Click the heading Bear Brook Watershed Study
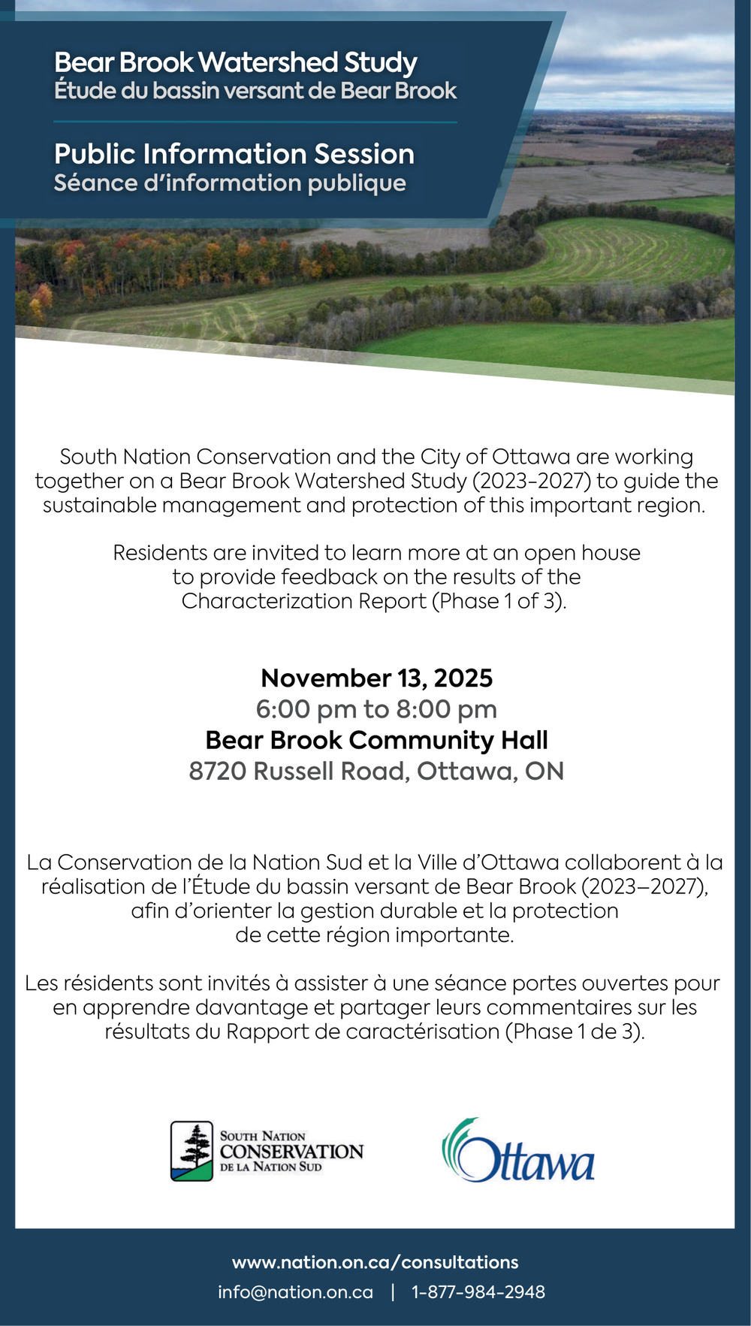(x=235, y=62)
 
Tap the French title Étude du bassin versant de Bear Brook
(x=255, y=91)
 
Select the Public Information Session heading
(x=234, y=154)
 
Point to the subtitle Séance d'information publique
(x=230, y=183)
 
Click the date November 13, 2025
(x=376, y=678)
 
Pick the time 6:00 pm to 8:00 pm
(x=376, y=709)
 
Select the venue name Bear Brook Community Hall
(x=376, y=740)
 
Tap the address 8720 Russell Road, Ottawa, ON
(x=376, y=771)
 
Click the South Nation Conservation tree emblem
(x=192, y=1151)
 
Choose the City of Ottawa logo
(x=518, y=1151)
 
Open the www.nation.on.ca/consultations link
(x=375, y=1262)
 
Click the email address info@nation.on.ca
(x=295, y=1292)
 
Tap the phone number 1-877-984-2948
(x=478, y=1292)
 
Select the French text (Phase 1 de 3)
(x=575, y=1032)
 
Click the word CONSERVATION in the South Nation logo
(x=291, y=1152)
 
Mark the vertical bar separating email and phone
(x=392, y=1292)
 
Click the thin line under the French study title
(x=255, y=122)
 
